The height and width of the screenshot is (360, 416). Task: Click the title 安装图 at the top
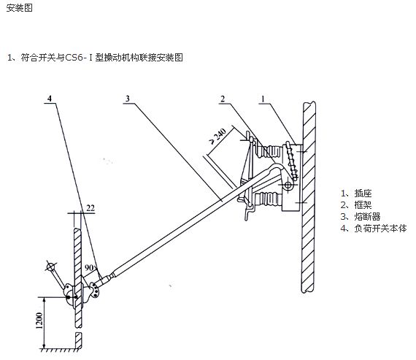[x=20, y=8]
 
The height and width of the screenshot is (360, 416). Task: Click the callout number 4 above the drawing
[x=50, y=99]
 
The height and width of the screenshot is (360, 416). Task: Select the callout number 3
[x=128, y=99]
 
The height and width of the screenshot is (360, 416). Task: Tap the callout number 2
[x=223, y=99]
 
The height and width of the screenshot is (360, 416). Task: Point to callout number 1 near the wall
[x=263, y=99]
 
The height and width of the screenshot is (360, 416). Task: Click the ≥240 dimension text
[x=218, y=136]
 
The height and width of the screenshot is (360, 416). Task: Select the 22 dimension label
[x=90, y=208]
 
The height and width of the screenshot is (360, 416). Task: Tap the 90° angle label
[x=90, y=267]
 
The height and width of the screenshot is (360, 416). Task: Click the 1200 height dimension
[x=39, y=321]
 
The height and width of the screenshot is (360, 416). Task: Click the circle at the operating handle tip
[x=50, y=267]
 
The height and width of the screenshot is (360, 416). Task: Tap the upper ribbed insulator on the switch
[x=268, y=152]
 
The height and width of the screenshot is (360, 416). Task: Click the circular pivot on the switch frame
[x=288, y=185]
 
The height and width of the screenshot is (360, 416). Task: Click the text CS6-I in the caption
[x=80, y=58]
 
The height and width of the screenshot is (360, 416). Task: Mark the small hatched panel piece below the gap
[x=79, y=340]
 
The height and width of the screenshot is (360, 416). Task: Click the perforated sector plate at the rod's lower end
[x=94, y=291]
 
